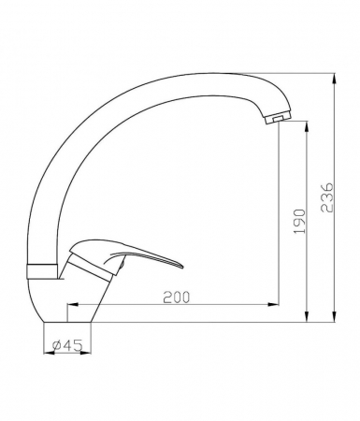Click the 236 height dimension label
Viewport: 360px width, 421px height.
pyautogui.click(x=326, y=197)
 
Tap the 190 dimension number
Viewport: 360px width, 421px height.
pyautogui.click(x=299, y=222)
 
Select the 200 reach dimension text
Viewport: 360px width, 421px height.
pyautogui.click(x=177, y=298)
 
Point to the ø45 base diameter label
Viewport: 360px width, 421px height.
pyautogui.click(x=67, y=345)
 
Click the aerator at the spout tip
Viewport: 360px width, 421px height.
pyautogui.click(x=278, y=118)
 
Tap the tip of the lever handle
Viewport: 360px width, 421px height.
pyautogui.click(x=183, y=268)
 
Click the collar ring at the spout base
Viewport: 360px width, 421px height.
pyautogui.click(x=42, y=271)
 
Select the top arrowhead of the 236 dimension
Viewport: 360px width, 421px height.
pyautogui.click(x=335, y=79)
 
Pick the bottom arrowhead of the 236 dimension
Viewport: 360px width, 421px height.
pyautogui.click(x=335, y=316)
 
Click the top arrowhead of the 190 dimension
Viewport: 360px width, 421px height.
pyautogui.click(x=308, y=126)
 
